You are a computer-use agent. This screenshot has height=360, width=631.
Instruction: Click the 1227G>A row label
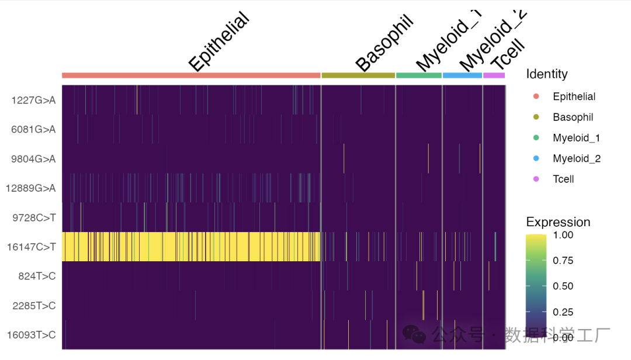[x=33, y=100]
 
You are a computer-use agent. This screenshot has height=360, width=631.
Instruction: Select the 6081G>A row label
[x=33, y=129]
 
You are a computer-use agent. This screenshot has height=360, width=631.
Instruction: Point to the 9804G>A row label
[x=33, y=158]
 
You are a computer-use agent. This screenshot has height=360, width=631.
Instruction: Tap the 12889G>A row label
[x=31, y=188]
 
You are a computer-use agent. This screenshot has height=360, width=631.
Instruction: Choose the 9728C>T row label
[x=33, y=217]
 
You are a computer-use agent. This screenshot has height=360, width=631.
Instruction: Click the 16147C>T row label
[x=31, y=247]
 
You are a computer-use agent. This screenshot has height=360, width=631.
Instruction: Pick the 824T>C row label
[x=36, y=276]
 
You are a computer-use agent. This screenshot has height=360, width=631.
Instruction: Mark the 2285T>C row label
[x=33, y=306]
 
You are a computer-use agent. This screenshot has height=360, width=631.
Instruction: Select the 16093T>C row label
[x=31, y=335]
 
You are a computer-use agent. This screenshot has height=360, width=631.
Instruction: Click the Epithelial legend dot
[x=536, y=96]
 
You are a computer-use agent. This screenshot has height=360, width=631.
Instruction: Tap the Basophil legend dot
[x=536, y=117]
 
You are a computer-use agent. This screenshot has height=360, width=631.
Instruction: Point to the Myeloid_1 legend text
[x=577, y=138]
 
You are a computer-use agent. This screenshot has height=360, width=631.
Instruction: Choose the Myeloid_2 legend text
[x=577, y=158]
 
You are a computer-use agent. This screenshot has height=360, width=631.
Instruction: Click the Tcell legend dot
[x=536, y=179]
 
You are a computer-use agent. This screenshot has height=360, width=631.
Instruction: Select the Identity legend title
[x=546, y=74]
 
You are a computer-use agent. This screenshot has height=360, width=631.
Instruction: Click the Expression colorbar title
[x=558, y=222]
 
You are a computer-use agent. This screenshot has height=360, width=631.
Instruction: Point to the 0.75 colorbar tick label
[x=563, y=260]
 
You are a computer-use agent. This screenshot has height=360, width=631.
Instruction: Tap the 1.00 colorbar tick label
[x=563, y=234]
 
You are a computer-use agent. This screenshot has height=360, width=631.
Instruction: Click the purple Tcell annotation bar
[x=494, y=75]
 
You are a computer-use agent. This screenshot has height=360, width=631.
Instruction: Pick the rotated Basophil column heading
[x=384, y=44]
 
